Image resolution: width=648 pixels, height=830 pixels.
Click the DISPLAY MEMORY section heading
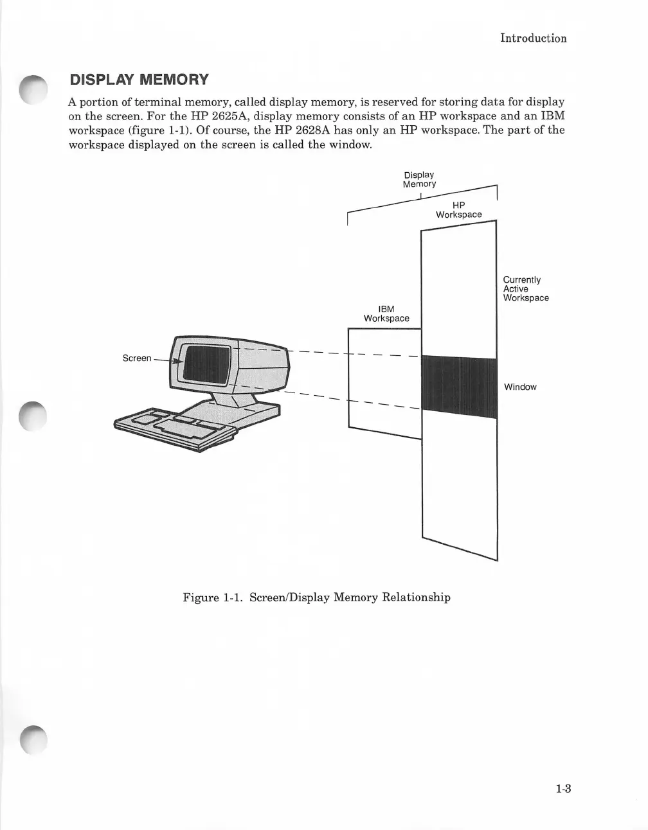(139, 80)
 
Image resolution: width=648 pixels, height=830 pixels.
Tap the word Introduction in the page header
(534, 38)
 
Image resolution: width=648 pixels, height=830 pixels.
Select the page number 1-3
(564, 789)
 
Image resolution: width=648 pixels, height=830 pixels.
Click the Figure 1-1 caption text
(316, 597)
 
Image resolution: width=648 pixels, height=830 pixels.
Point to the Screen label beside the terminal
(137, 358)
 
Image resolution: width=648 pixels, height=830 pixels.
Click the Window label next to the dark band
(520, 387)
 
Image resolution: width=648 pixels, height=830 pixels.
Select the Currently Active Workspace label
(525, 289)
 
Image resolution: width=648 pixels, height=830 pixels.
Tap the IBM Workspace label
(386, 314)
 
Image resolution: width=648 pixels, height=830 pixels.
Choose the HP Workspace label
(458, 210)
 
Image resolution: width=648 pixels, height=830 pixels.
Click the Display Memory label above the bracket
(419, 179)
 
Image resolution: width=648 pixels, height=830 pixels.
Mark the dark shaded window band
(458, 387)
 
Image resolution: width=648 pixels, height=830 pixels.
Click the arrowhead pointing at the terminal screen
(180, 362)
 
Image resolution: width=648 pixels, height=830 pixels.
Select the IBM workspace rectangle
(384, 379)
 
